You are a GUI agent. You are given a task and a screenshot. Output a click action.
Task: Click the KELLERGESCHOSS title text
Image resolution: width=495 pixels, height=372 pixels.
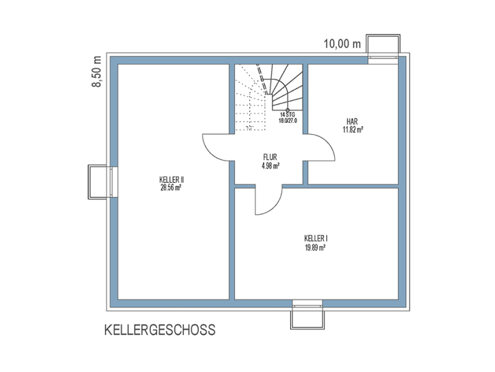click(160, 330)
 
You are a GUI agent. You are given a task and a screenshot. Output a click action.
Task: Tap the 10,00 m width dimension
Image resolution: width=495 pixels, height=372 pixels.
click(342, 43)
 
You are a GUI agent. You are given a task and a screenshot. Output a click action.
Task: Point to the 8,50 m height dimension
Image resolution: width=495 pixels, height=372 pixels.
click(97, 71)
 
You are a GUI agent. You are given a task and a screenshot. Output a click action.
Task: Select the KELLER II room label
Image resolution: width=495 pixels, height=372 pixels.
click(172, 180)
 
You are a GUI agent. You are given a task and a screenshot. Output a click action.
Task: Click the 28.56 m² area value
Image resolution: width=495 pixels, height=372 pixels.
click(171, 188)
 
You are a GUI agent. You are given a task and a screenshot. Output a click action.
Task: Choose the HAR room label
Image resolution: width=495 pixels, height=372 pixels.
click(352, 122)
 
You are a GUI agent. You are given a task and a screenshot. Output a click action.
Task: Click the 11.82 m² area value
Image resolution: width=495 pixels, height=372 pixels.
click(353, 129)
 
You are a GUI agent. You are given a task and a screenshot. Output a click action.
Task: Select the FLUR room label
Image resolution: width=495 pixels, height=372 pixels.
click(270, 157)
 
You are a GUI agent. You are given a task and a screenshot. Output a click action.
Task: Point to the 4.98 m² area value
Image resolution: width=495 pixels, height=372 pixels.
click(270, 166)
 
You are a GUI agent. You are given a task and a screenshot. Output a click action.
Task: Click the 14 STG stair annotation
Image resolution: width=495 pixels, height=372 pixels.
click(288, 115)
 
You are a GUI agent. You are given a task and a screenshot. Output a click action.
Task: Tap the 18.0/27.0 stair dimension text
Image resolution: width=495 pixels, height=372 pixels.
click(288, 120)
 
